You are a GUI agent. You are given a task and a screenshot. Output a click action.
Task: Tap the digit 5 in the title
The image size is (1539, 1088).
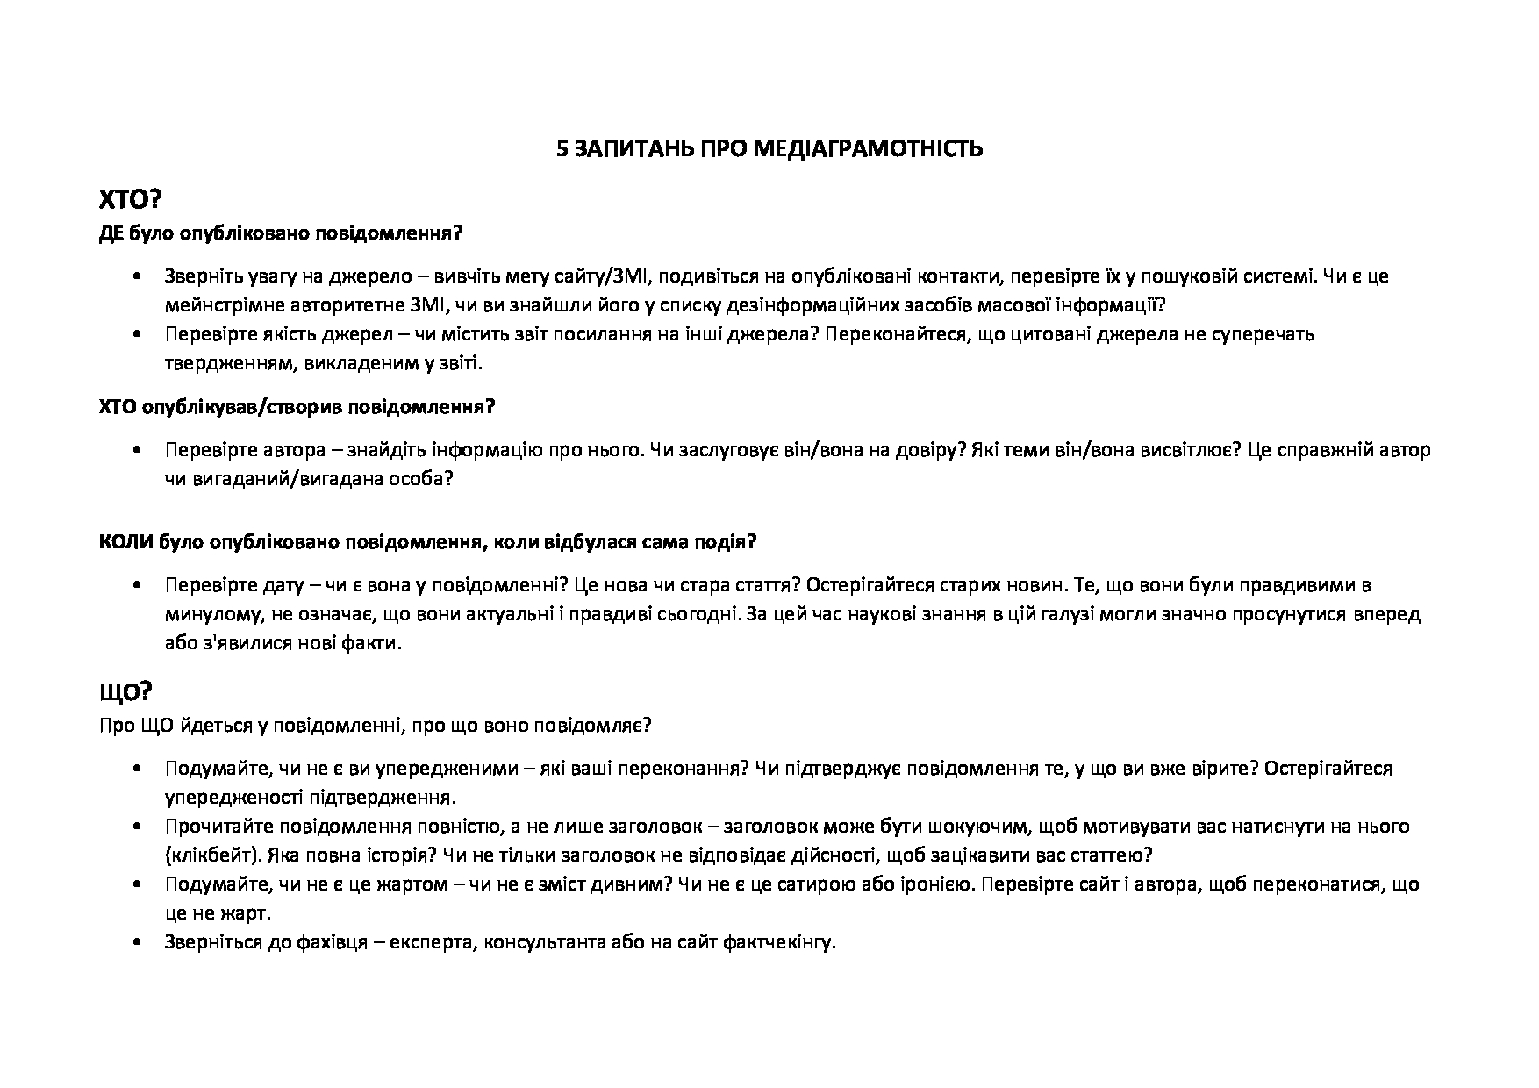(562, 149)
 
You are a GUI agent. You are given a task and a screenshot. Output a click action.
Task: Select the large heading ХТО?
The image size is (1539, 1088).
(130, 200)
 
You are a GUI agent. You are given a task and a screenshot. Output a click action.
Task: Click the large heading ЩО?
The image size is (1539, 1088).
(126, 692)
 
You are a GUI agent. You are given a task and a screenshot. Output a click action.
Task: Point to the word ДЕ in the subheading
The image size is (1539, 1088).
(111, 234)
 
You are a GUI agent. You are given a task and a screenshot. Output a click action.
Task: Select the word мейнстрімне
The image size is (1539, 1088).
(217, 305)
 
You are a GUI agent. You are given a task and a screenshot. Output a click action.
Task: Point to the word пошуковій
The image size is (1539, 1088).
(1185, 276)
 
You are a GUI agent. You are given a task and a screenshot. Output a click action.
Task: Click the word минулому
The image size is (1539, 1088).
(204, 613)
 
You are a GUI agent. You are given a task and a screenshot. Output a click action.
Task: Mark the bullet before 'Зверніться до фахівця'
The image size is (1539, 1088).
(136, 944)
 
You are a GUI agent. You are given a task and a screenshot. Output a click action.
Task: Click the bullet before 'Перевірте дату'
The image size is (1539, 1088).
(136, 585)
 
